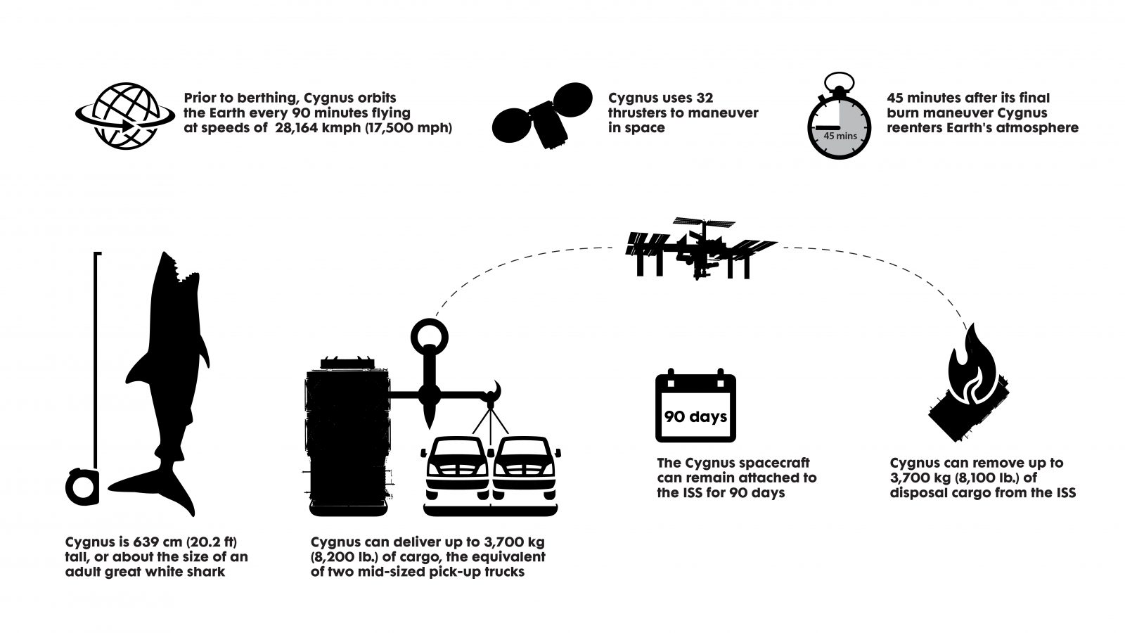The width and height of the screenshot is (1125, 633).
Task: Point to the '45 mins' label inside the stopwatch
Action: [840, 135]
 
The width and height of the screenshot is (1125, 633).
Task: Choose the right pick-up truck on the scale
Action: [525, 468]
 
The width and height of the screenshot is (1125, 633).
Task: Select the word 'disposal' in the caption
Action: [923, 493]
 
